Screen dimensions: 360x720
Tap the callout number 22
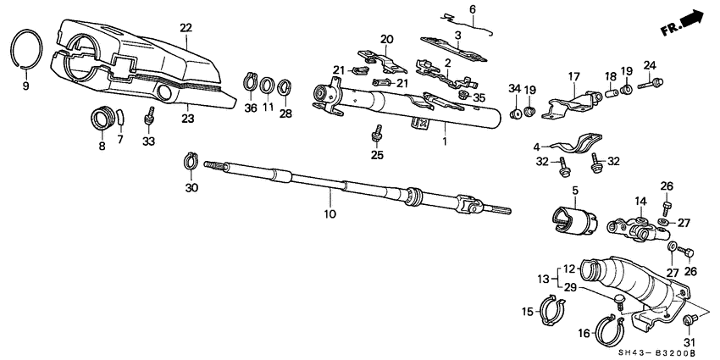(x=186, y=29)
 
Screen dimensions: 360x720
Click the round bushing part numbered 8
(x=103, y=120)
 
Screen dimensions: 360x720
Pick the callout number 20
(x=387, y=39)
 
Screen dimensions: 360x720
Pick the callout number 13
(x=543, y=279)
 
